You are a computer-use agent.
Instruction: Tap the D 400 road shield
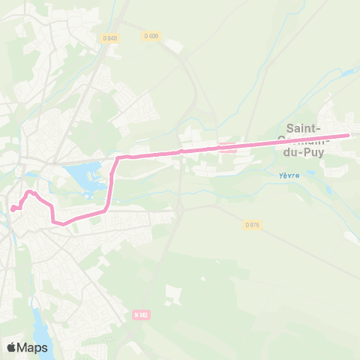click(151, 35)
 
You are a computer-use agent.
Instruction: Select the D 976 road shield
click(252, 224)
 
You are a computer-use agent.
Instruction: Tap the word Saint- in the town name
click(306, 127)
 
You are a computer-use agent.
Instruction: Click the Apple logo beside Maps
click(12, 347)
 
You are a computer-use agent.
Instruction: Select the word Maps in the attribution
click(33, 347)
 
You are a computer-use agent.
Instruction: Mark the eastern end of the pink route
click(349, 136)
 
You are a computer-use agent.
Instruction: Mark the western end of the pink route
click(12, 209)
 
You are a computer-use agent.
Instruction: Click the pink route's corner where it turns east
click(118, 157)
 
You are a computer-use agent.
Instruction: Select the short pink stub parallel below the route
click(226, 148)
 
